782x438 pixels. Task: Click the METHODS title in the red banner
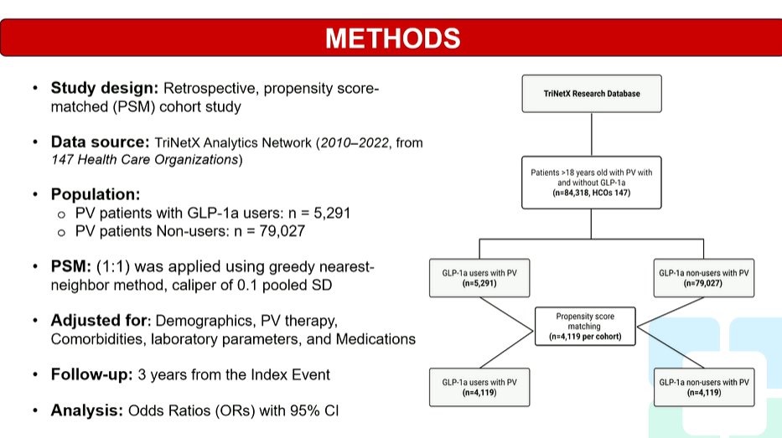(392, 39)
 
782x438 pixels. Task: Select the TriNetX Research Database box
(592, 94)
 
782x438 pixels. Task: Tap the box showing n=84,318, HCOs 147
(592, 183)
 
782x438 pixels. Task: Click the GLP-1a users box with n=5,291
(479, 278)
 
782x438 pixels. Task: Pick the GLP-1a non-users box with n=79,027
(704, 278)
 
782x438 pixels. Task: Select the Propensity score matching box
(585, 327)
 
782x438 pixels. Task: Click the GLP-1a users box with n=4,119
(479, 387)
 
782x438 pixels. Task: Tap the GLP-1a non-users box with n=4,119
(704, 387)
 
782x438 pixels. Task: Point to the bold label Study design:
(105, 88)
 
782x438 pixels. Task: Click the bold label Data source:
(101, 142)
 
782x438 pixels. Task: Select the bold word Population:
(96, 194)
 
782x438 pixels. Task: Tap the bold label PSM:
(71, 266)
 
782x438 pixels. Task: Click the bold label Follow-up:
(91, 374)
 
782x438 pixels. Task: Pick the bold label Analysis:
(87, 410)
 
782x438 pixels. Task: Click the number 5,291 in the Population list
(332, 214)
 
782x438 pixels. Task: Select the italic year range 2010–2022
(355, 142)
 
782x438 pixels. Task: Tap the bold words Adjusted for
(101, 321)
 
